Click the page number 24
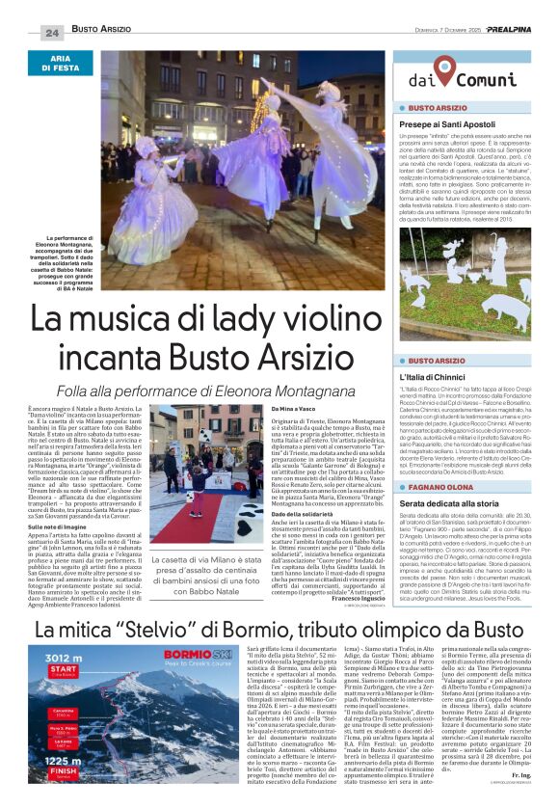coord(51,32)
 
